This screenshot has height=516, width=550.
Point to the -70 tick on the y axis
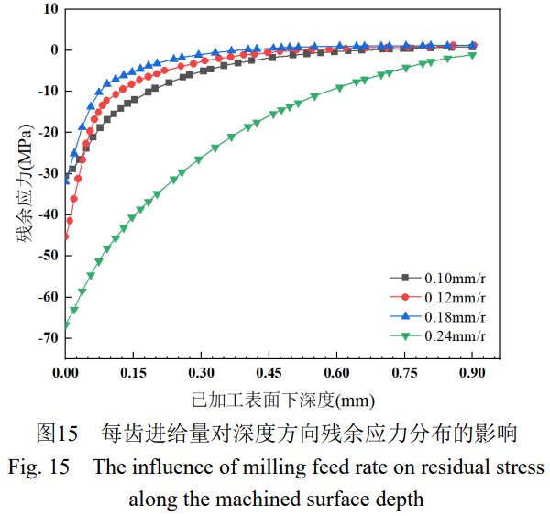click(x=46, y=339)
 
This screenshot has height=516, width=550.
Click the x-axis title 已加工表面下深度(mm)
click(x=271, y=401)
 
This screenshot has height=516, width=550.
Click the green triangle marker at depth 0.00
click(x=66, y=325)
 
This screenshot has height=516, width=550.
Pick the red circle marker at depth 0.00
click(x=66, y=236)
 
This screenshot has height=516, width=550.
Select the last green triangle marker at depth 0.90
click(x=472, y=55)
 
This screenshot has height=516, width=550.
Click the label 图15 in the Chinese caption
click(x=54, y=431)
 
